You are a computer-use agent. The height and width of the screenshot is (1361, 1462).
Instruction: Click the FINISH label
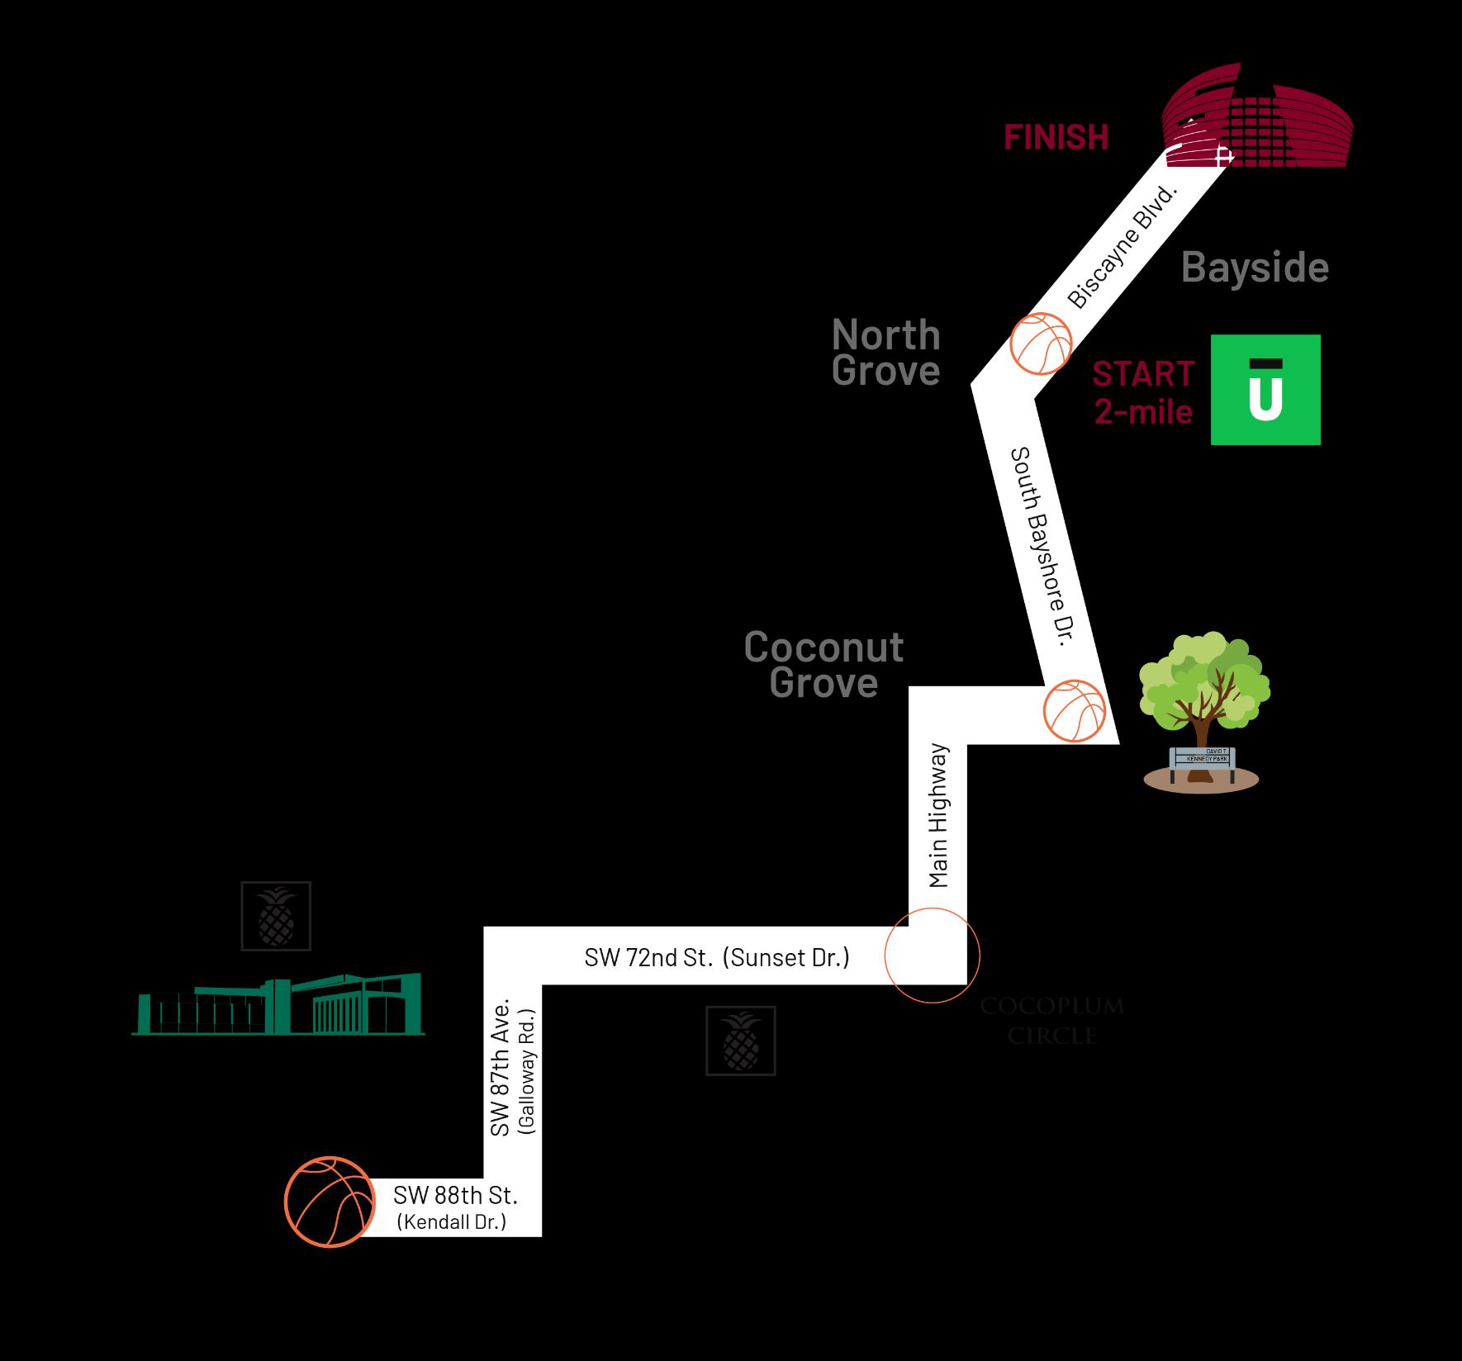1056,137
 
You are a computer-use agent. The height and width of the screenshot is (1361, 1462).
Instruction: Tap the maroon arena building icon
1257,128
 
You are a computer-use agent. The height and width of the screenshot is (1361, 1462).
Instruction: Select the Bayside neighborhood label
1255,268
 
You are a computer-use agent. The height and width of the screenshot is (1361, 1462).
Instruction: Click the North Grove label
886,353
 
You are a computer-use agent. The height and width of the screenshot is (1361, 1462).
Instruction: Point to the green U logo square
1265,390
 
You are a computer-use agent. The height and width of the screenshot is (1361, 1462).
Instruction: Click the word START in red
1143,374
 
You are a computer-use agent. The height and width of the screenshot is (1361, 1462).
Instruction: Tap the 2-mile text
1143,411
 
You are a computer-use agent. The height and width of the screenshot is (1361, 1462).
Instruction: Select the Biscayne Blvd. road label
1121,248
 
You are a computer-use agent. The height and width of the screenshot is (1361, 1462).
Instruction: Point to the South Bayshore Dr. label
1042,552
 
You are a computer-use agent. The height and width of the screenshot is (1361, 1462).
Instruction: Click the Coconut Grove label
824,665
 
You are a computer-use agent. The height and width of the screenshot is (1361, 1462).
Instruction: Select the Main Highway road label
938,816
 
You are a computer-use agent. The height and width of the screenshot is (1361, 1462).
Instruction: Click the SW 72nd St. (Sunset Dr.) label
716,957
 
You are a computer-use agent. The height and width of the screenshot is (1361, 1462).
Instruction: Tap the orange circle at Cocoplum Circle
932,955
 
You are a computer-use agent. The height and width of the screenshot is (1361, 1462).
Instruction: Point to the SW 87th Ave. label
501,1066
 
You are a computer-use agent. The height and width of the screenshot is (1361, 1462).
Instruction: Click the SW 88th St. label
455,1195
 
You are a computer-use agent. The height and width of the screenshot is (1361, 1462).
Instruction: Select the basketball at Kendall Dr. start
328,1201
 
